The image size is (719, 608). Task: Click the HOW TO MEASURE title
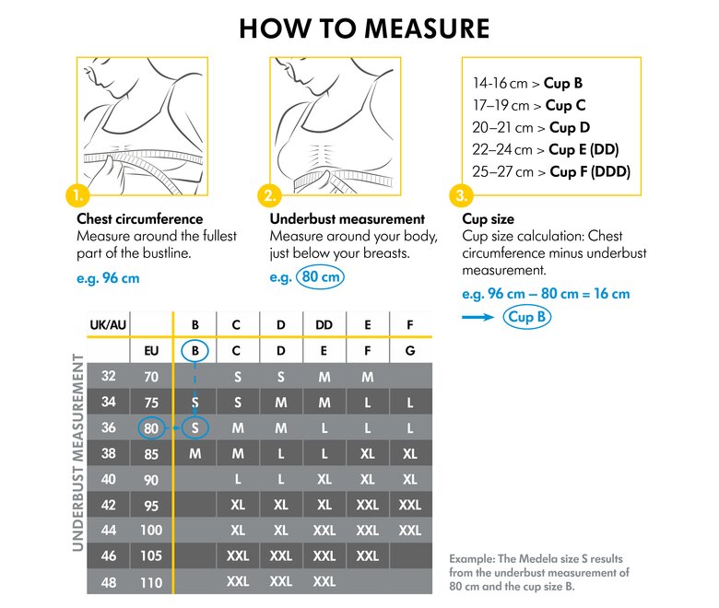click(364, 28)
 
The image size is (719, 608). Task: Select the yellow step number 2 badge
click(269, 195)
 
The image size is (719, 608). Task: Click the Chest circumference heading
click(139, 219)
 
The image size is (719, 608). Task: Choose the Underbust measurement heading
click(348, 219)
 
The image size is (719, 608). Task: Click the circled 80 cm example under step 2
click(319, 276)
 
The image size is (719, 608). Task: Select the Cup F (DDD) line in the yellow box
click(550, 170)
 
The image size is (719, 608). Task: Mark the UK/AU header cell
click(108, 324)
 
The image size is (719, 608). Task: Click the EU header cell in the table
click(152, 350)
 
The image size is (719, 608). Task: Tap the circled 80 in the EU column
click(152, 427)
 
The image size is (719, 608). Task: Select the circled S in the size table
click(195, 427)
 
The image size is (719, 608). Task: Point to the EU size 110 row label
click(152, 582)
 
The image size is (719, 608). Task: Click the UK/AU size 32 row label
click(108, 376)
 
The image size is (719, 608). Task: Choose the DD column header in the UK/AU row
click(324, 324)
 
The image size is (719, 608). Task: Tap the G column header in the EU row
click(410, 350)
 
